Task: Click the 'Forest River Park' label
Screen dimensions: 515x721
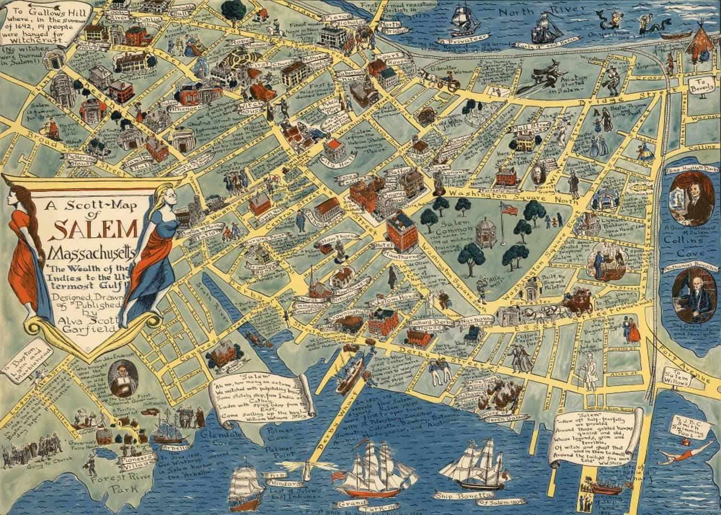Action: point(108,486)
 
